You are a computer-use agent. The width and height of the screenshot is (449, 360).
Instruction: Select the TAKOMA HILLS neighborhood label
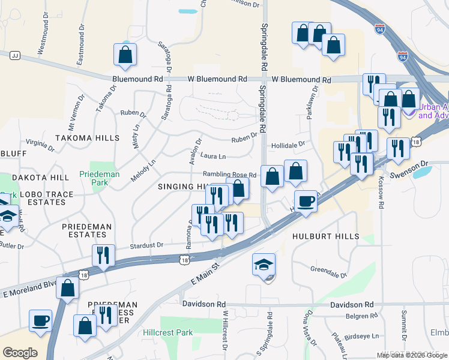(87, 138)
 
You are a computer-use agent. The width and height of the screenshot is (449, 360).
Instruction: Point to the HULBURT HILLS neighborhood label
(325, 236)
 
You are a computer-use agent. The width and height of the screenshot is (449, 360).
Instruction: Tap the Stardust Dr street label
(147, 245)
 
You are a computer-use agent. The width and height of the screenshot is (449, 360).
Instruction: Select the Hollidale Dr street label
(288, 145)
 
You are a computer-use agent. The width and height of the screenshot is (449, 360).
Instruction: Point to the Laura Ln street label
(213, 157)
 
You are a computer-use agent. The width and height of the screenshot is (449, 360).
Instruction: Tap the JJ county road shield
(16, 55)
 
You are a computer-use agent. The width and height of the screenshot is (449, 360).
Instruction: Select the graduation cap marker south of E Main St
(263, 265)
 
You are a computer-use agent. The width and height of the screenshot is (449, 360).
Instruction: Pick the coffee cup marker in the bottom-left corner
(40, 320)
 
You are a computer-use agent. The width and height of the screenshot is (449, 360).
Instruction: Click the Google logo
(19, 353)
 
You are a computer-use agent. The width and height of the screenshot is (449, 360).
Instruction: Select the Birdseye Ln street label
(364, 337)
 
